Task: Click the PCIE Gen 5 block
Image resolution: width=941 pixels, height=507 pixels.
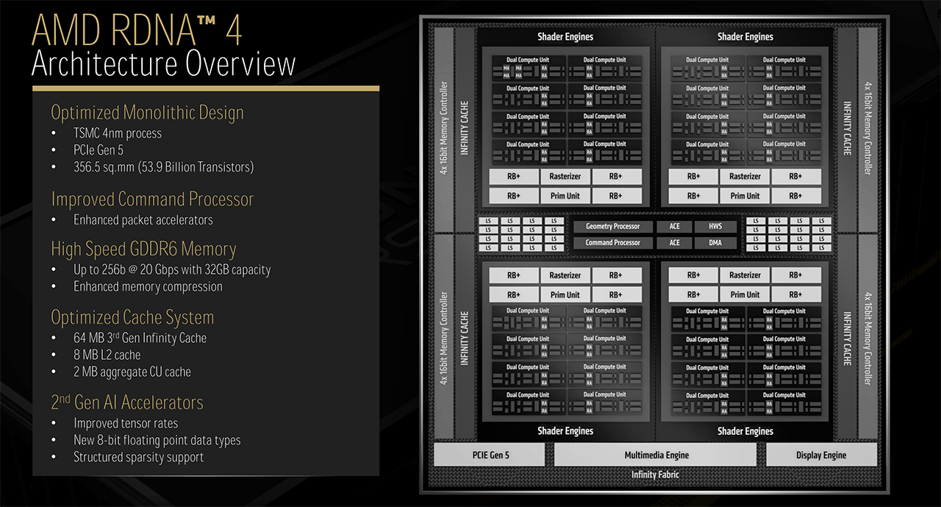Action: coord(490,455)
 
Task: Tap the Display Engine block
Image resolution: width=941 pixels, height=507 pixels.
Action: coord(821,455)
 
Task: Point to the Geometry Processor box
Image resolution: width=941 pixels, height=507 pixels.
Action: coord(612,227)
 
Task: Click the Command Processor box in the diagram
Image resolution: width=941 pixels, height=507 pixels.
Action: coord(612,243)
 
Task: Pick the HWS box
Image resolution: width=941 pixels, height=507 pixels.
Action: coord(715,227)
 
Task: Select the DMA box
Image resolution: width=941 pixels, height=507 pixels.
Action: coord(715,243)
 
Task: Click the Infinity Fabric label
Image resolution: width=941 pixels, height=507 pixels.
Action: coord(655,475)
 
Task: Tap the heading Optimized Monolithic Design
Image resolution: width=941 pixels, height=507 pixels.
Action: coord(147,113)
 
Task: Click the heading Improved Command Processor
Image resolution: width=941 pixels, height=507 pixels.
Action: coord(152,199)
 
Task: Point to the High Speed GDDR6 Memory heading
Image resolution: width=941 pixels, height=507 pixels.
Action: coord(143,249)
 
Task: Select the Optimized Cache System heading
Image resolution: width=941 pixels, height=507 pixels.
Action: coord(132,317)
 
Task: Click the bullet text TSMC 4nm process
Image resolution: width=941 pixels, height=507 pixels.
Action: coord(118,133)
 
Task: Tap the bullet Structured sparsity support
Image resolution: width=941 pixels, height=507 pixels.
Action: coord(138,457)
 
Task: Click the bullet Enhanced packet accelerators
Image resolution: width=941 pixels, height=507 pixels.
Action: coord(143,219)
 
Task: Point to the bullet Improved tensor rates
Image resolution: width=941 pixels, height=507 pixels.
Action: coord(125,423)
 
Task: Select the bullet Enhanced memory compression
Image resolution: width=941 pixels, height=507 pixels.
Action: coord(148,286)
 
